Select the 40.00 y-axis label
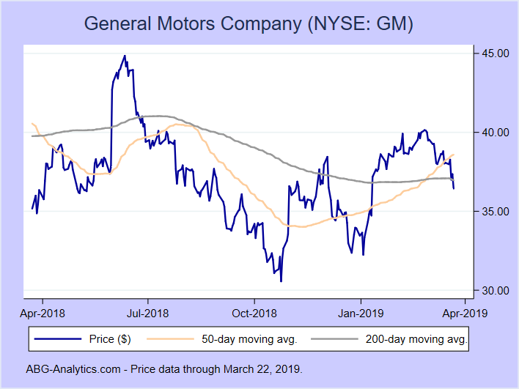[x=490, y=133]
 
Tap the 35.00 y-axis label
[x=490, y=212]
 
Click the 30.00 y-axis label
[x=490, y=291]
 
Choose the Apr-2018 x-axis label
[x=42, y=313]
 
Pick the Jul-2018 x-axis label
[x=148, y=313]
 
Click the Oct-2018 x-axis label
[x=254, y=313]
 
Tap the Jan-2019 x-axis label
[x=361, y=313]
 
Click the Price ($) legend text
[x=110, y=339]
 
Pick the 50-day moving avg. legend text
[x=249, y=339]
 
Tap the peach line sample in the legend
[x=172, y=339]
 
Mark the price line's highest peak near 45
[x=125, y=56]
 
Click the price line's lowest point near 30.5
[x=281, y=281]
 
